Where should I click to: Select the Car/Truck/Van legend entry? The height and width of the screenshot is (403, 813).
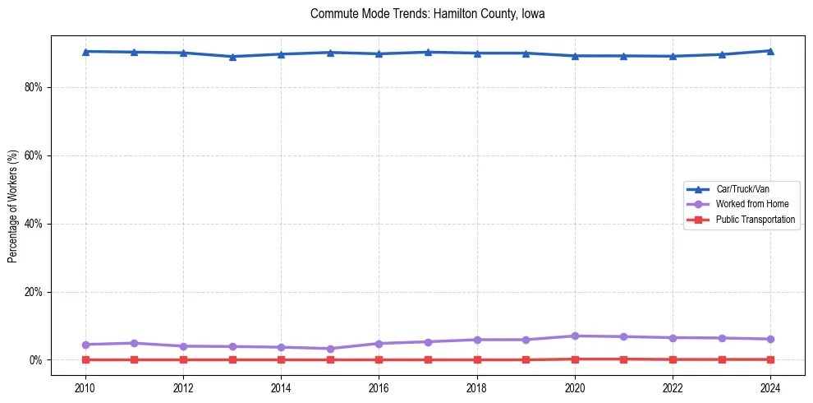[742, 189]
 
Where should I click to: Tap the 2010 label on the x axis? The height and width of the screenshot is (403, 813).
[85, 387]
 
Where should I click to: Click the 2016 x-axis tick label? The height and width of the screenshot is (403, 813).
[379, 387]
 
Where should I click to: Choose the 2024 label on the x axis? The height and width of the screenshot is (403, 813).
[770, 387]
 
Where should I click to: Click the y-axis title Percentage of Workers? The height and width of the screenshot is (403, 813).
[13, 206]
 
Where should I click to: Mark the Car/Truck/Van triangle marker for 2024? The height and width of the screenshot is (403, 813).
[770, 51]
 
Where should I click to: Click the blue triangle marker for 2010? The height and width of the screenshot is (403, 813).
[85, 52]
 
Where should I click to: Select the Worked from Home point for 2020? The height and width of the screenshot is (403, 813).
[575, 336]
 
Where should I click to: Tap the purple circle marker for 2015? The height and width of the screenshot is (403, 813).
[330, 349]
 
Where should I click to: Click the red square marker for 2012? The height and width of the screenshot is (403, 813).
[183, 359]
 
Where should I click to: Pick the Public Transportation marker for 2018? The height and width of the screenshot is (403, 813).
[477, 359]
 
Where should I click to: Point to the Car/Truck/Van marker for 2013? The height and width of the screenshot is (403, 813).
[232, 57]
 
